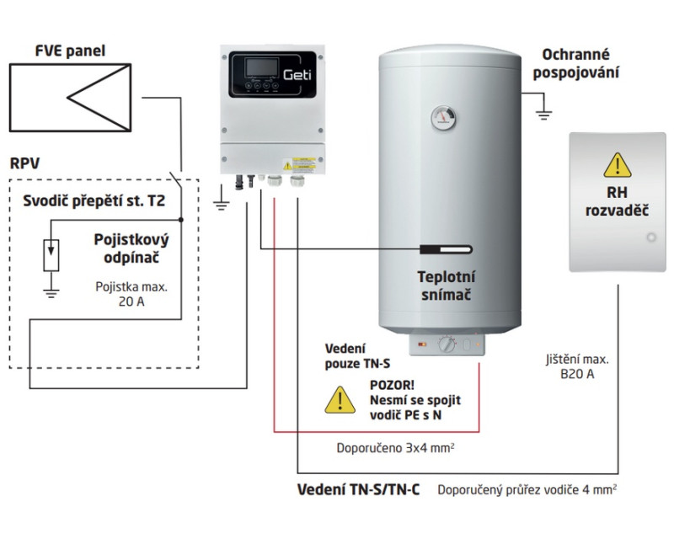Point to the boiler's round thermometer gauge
tap(441, 116)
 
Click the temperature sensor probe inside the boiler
tap(446, 249)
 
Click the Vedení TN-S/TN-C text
tap(360, 488)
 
